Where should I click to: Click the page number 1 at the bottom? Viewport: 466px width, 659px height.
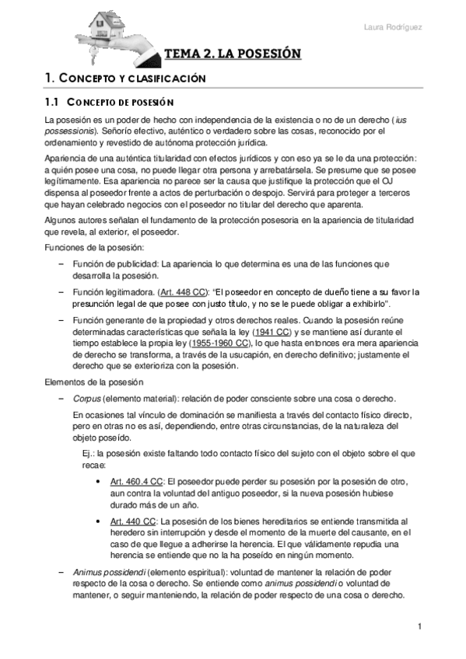point(419,626)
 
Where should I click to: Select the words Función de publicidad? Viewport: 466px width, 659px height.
point(113,264)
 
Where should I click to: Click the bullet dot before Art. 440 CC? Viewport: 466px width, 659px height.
point(96,520)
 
